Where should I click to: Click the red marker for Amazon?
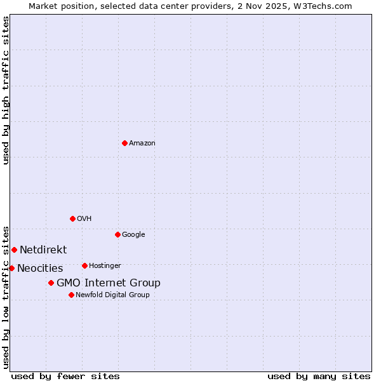coord(124,143)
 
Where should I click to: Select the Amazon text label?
coord(142,144)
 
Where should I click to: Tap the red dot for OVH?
coord(72,218)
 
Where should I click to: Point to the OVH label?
coord(84,219)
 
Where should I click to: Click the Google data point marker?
coord(117,234)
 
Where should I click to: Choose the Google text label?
coord(133,235)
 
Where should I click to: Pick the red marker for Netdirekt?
coord(14,250)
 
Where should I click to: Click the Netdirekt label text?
coord(43,250)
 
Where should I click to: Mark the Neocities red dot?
coord(11,268)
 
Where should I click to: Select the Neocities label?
coord(40,269)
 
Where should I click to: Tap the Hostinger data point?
coord(84,265)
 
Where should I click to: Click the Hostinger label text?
coord(105,266)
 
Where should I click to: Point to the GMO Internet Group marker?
coord(51,283)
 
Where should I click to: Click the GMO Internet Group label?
coord(109,283)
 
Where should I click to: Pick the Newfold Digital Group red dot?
coord(71,295)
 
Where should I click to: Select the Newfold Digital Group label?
coord(112,295)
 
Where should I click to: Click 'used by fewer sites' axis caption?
coord(65,377)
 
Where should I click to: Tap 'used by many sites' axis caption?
coord(319,377)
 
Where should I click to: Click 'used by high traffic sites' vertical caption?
coord(6,90)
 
